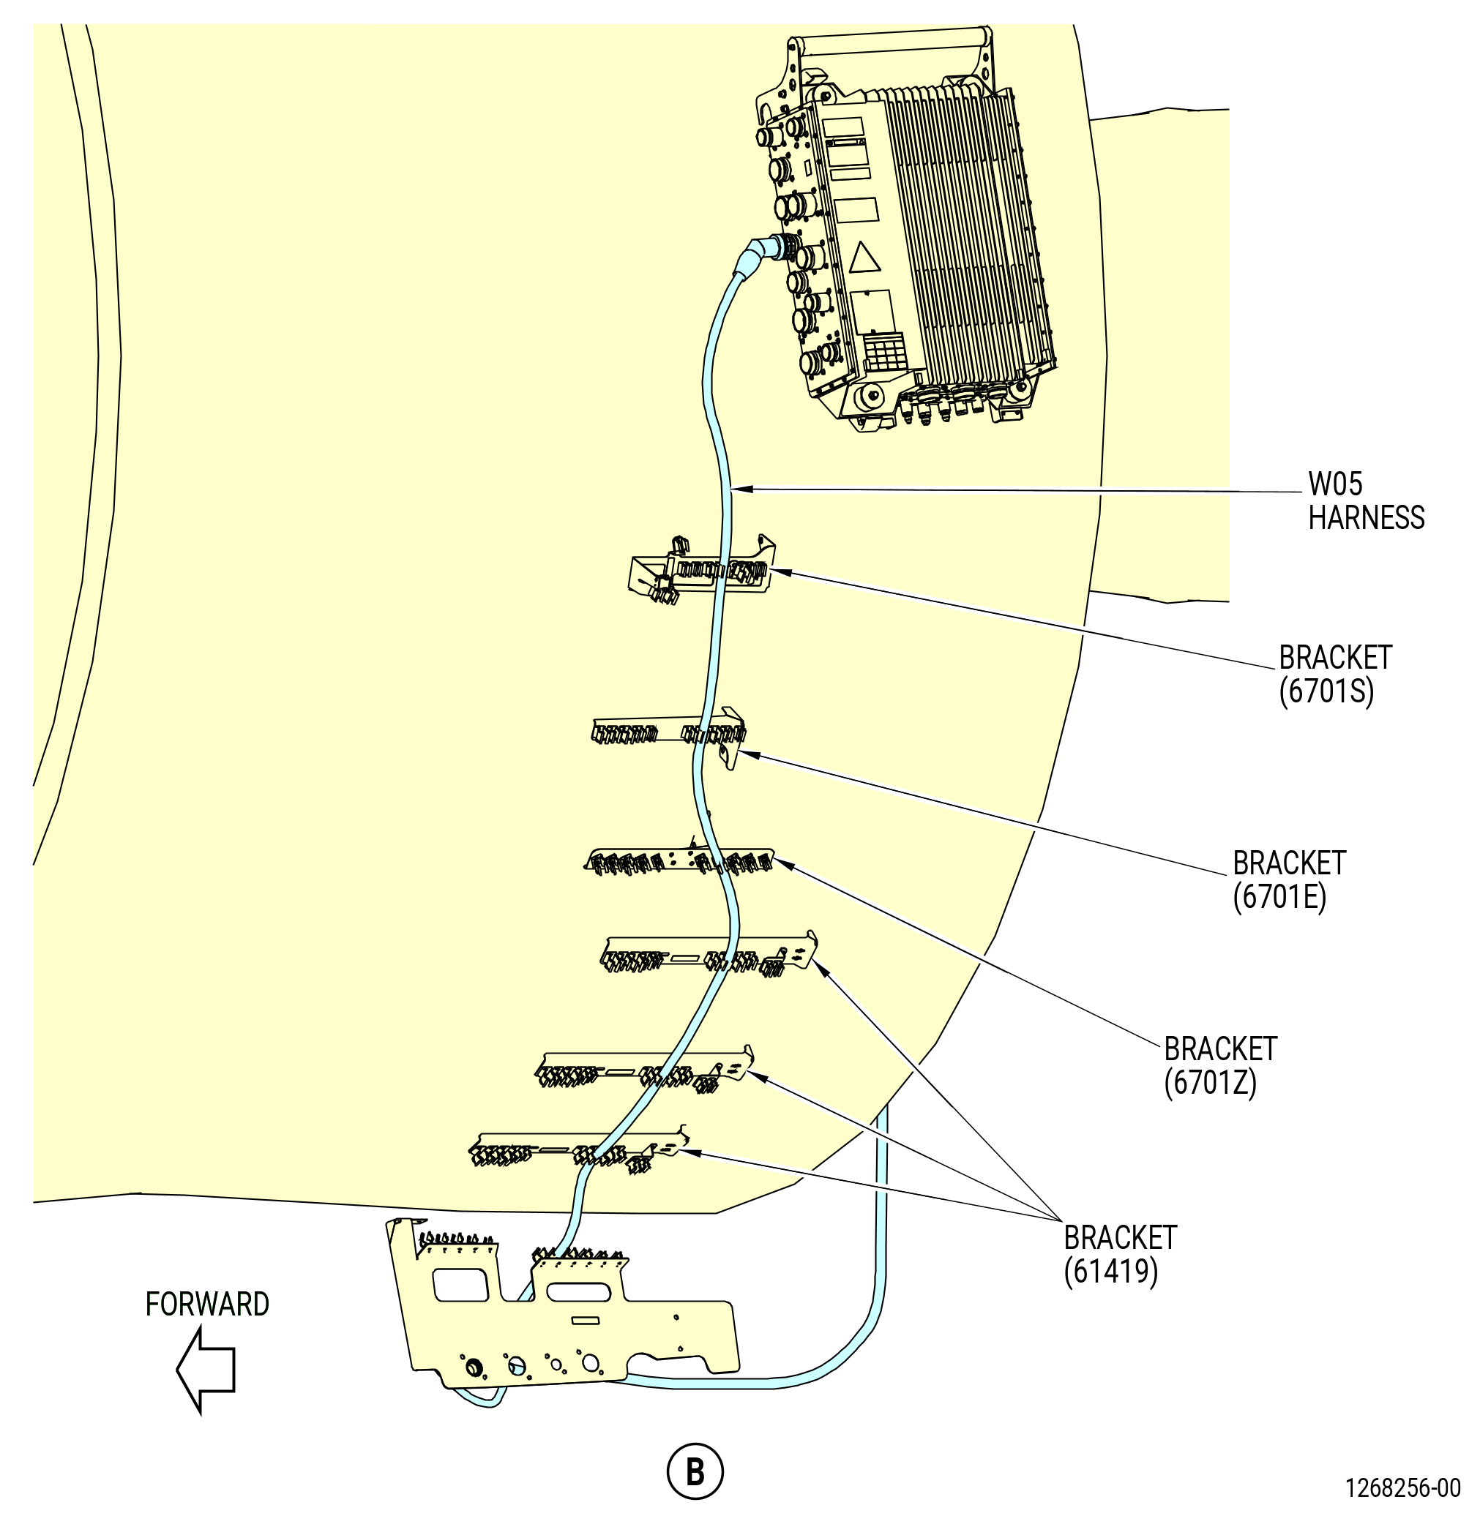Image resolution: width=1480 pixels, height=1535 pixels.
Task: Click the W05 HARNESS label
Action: point(1366,501)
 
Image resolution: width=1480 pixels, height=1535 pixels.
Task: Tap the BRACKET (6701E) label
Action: point(1289,880)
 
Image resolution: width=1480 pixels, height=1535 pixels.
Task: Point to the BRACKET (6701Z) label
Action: point(1220,1066)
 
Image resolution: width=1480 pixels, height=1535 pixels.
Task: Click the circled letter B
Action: point(694,1473)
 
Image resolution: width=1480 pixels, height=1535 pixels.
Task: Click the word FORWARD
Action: point(208,1304)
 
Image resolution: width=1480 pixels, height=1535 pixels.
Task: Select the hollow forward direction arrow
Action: point(205,1370)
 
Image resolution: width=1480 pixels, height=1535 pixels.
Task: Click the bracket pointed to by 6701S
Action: point(701,571)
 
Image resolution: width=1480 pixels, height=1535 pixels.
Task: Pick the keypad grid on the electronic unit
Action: point(886,353)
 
